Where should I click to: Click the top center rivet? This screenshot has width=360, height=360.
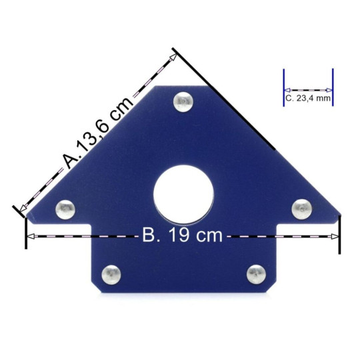pos(183,102)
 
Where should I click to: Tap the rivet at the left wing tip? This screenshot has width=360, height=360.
pos(65,209)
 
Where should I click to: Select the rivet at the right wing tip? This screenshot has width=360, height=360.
pos(302,209)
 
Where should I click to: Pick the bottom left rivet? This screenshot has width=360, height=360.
pos(111,275)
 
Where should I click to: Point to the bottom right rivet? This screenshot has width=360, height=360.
pos(256,275)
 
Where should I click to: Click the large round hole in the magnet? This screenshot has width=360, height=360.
pos(183,194)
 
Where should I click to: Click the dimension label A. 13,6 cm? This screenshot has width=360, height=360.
pos(98,133)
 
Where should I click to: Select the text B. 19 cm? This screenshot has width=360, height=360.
pos(183,235)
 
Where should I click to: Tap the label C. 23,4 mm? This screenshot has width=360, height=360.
pos(308,98)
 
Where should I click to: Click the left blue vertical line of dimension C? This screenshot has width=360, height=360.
pos(284,87)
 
